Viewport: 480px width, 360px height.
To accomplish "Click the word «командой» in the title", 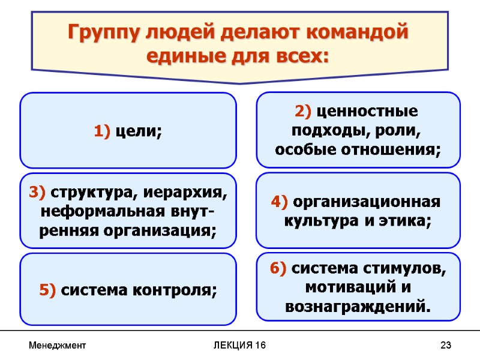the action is pyautogui.click(x=358, y=31).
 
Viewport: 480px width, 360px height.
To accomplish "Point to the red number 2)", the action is pyautogui.click(x=303, y=112).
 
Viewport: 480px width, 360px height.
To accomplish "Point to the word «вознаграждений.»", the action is pyautogui.click(x=358, y=307).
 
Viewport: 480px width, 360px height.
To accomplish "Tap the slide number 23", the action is pyautogui.click(x=445, y=346).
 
